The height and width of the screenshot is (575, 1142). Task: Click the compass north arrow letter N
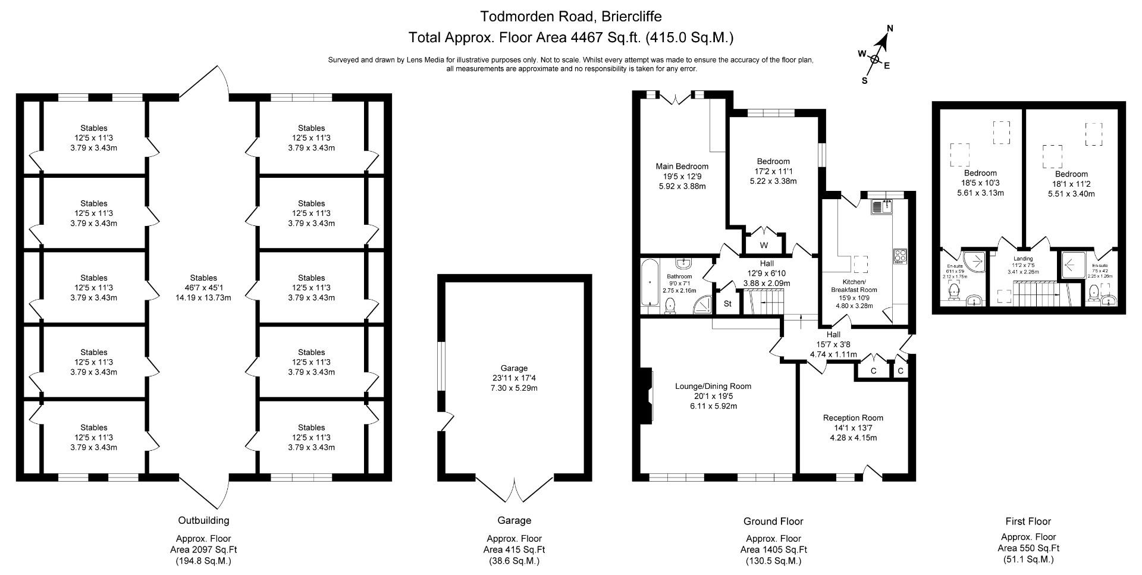(x=890, y=28)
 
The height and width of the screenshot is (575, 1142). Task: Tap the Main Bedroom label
(x=682, y=166)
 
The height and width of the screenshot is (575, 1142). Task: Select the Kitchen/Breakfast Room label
(x=854, y=285)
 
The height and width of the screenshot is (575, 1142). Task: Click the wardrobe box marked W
(x=764, y=245)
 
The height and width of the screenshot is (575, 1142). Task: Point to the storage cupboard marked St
(x=727, y=304)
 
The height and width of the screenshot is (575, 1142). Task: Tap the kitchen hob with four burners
(x=899, y=256)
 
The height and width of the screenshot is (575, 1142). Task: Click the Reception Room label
(x=853, y=417)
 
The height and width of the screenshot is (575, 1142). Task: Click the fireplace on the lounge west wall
(x=647, y=395)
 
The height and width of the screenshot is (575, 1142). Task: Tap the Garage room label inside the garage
(x=514, y=368)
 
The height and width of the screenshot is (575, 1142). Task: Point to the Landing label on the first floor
(x=1023, y=259)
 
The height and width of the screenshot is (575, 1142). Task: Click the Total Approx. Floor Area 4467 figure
(x=585, y=37)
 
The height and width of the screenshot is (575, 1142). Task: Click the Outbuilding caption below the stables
(x=203, y=520)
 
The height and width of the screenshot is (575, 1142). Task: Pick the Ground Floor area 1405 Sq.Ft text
(x=773, y=549)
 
